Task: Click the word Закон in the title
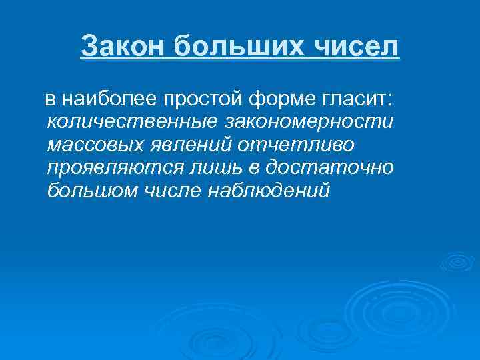tap(122, 47)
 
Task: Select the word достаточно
tap(336, 168)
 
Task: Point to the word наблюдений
tap(271, 191)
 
